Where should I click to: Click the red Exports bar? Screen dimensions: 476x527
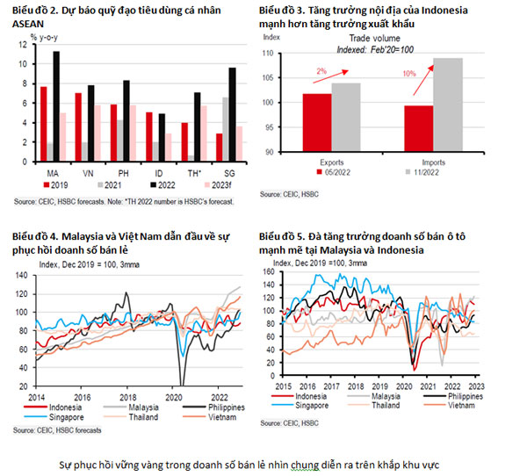tap(316, 122)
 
